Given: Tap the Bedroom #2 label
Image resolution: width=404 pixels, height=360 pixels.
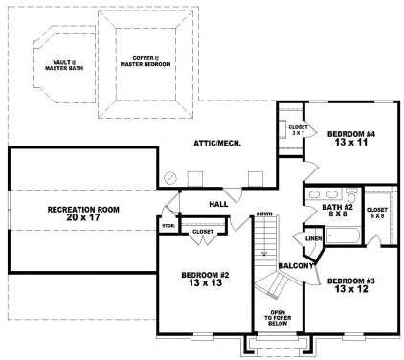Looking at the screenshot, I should [202, 274].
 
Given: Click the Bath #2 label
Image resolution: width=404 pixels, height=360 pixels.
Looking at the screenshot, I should [338, 207].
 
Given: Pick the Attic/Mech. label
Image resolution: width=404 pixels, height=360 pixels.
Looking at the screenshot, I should [215, 143].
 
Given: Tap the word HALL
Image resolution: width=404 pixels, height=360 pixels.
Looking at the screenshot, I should [217, 203].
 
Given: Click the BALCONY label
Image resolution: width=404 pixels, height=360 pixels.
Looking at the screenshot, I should [297, 265].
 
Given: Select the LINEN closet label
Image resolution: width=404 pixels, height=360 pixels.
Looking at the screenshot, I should [313, 238].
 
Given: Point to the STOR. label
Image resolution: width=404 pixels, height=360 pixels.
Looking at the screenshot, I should [168, 226].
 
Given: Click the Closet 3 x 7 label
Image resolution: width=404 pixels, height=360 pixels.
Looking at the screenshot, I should [297, 127].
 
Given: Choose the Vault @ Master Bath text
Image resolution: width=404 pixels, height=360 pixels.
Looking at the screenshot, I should [67, 65].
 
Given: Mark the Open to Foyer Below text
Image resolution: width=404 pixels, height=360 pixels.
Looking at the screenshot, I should [278, 316].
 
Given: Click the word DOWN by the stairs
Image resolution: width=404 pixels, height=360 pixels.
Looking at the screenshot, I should [265, 214].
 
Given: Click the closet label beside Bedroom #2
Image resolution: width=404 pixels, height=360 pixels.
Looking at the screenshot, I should [203, 231].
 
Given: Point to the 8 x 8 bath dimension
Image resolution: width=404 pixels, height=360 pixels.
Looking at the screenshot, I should [338, 215].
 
